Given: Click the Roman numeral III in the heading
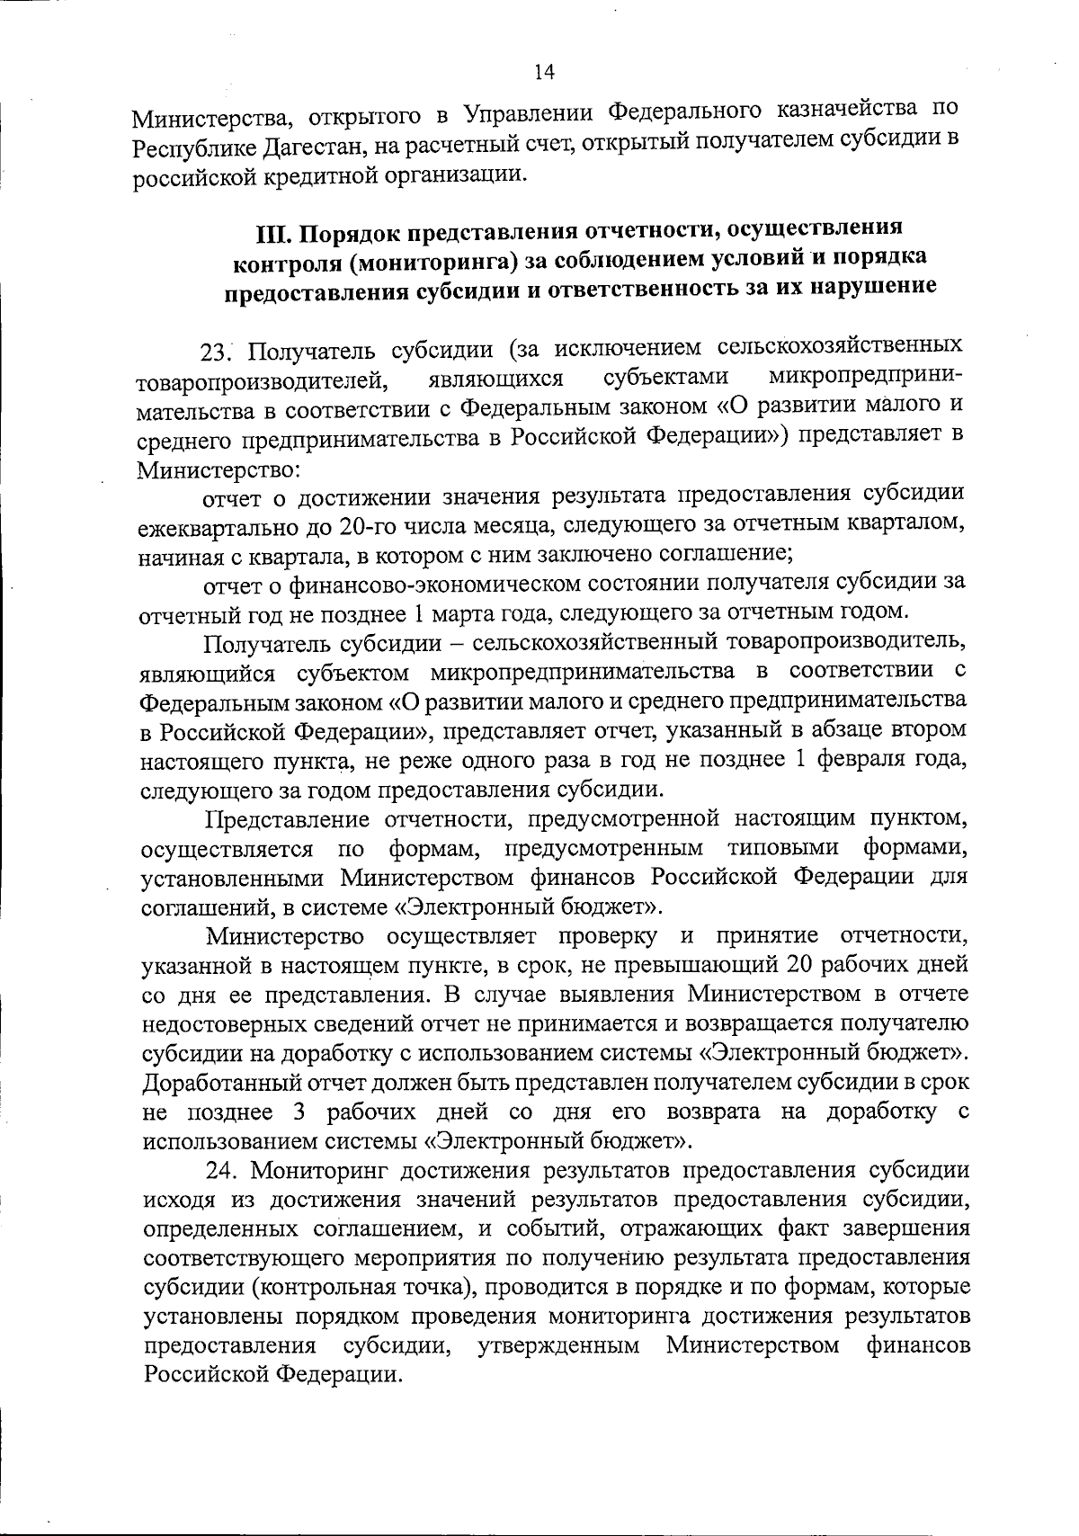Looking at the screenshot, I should point(272,233).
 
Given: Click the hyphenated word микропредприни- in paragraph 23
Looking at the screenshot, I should point(866,377).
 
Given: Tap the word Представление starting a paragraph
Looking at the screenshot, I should point(288,819).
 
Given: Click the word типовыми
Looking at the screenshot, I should point(783,848).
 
